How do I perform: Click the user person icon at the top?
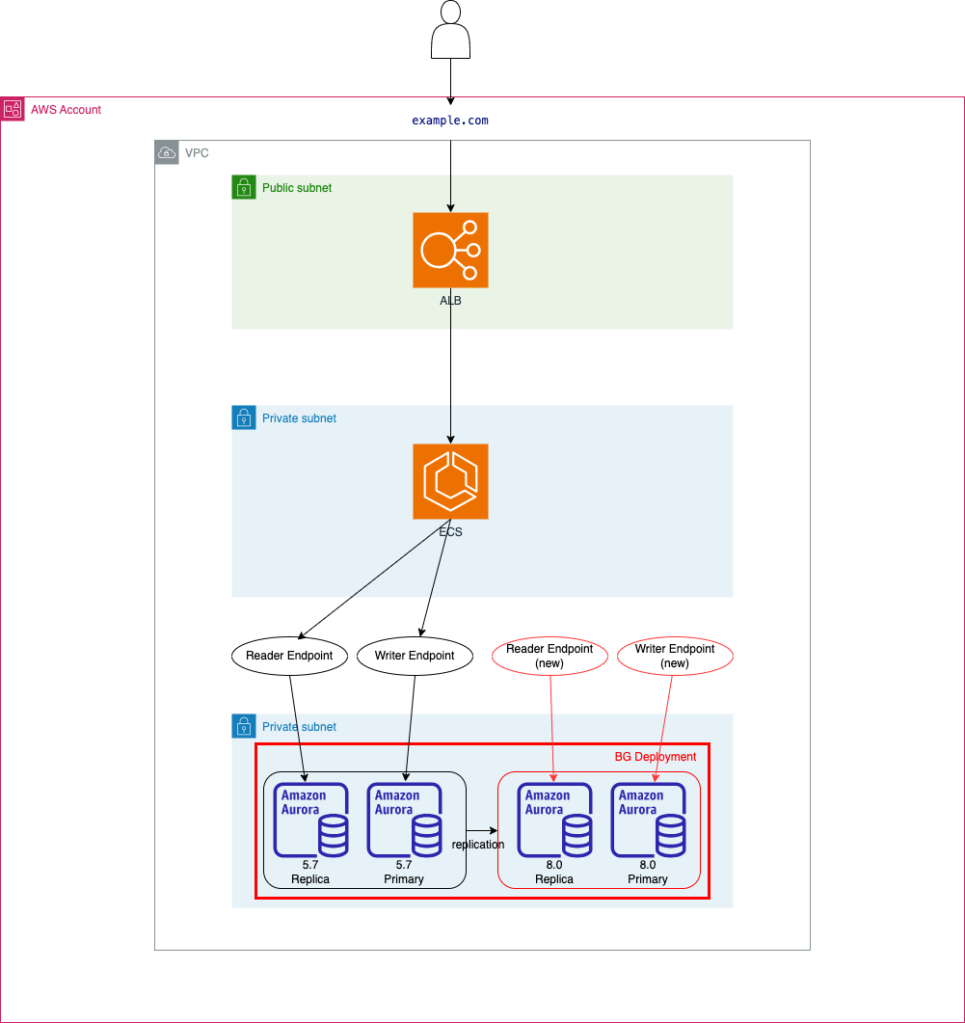tap(450, 29)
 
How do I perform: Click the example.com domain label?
tap(450, 121)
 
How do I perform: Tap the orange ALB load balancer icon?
tap(450, 250)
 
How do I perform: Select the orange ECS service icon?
tap(450, 481)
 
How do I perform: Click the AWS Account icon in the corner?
tap(13, 109)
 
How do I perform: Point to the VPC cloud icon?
tap(167, 152)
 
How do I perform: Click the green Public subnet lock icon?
tap(244, 187)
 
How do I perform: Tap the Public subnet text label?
tap(297, 188)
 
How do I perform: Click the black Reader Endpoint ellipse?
tap(290, 656)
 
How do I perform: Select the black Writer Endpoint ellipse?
tap(415, 656)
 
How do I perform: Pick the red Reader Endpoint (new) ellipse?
tap(550, 656)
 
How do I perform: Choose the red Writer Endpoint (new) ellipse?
tap(675, 656)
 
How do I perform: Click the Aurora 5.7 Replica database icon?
tap(310, 821)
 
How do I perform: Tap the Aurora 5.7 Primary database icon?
tap(405, 821)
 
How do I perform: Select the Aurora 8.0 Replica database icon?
tap(554, 821)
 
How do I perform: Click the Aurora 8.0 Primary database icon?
tap(649, 821)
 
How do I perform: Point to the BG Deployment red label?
tap(656, 757)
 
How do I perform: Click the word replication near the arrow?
tap(478, 845)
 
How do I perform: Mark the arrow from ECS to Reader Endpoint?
tap(374, 579)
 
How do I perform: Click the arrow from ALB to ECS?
tap(450, 366)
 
